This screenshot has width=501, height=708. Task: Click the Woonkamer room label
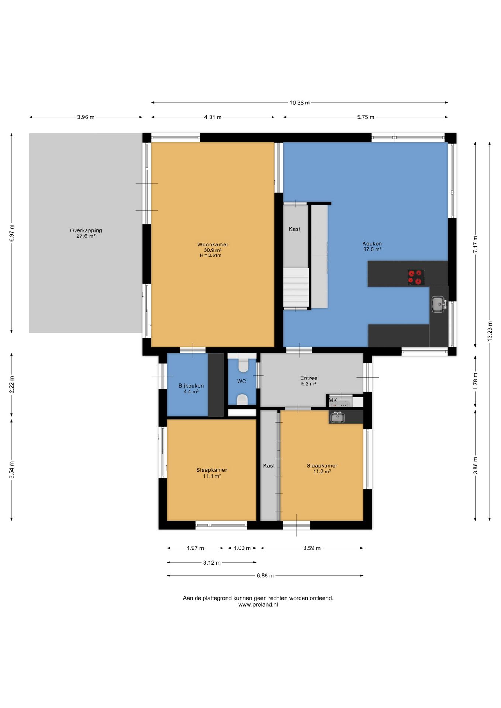pyautogui.click(x=213, y=244)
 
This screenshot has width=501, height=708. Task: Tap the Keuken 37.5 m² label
pyautogui.click(x=372, y=246)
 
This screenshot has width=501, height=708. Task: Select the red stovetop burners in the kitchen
pyautogui.click(x=416, y=277)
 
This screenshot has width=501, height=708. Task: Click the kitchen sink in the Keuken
pyautogui.click(x=439, y=304)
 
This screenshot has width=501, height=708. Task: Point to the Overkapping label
pyautogui.click(x=86, y=230)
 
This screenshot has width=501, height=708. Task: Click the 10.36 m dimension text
pyautogui.click(x=300, y=103)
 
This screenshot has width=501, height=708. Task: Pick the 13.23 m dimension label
pyautogui.click(x=490, y=330)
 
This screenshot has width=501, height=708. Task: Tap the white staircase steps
pyautogui.click(x=296, y=288)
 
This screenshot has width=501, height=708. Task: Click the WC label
pyautogui.click(x=242, y=381)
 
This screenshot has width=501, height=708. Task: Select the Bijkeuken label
pyautogui.click(x=191, y=386)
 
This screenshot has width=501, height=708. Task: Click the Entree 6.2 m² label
pyautogui.click(x=308, y=381)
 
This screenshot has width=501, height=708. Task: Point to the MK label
pyautogui.click(x=333, y=400)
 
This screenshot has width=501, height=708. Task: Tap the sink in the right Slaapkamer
pyautogui.click(x=337, y=417)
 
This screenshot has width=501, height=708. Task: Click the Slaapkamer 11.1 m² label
pyautogui.click(x=212, y=473)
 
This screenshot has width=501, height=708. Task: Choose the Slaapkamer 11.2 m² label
pyautogui.click(x=322, y=468)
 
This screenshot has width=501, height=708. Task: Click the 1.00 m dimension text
pyautogui.click(x=242, y=548)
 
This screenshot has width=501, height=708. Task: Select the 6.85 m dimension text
pyautogui.click(x=265, y=576)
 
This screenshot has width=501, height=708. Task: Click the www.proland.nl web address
pyautogui.click(x=258, y=605)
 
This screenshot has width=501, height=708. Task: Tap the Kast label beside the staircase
pyautogui.click(x=294, y=229)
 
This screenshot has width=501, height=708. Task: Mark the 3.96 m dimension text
pyautogui.click(x=86, y=117)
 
